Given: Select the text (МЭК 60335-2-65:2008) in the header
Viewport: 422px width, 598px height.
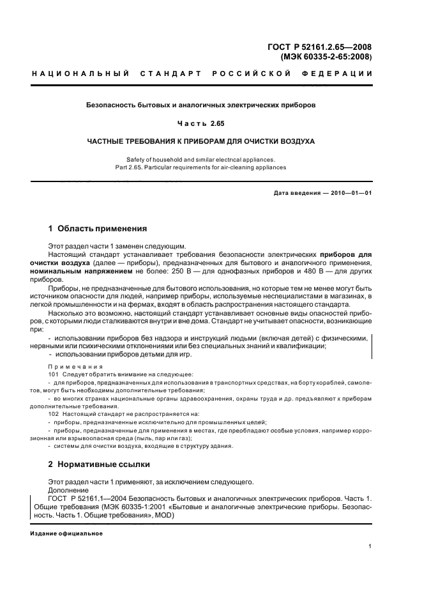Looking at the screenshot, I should point(326,57).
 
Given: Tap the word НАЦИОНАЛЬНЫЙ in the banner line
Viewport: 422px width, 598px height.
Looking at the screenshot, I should point(80,74).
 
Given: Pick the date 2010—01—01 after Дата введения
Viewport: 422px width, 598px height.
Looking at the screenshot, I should point(350,192).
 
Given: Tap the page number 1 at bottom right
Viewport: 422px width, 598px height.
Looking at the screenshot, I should point(370,546).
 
